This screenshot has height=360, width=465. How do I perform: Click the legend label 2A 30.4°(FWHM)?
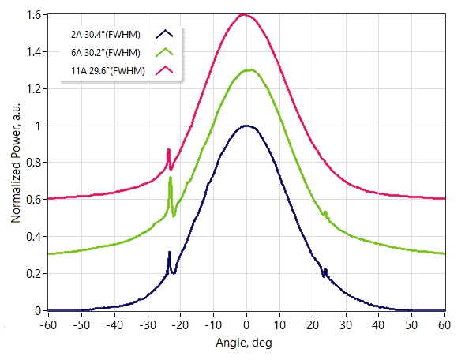[106, 35]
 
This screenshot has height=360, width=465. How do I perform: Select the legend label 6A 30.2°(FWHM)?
[106, 53]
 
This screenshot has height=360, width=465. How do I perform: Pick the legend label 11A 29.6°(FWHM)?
[108, 71]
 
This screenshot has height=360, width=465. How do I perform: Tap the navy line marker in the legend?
[164, 34]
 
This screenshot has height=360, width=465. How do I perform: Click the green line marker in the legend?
[164, 52]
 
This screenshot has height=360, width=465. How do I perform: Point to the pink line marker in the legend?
[164, 70]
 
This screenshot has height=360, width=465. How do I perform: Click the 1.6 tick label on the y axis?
[34, 15]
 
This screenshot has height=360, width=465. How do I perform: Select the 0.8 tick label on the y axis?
[34, 163]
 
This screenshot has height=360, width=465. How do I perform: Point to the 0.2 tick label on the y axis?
[34, 274]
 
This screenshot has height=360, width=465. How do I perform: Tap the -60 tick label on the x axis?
[48, 325]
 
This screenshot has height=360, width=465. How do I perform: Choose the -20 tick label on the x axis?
[180, 325]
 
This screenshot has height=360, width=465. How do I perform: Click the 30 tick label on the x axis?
[346, 325]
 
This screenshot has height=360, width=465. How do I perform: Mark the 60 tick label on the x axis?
[444, 325]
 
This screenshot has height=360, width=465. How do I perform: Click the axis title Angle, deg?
[244, 343]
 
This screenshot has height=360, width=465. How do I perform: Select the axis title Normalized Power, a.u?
[16, 163]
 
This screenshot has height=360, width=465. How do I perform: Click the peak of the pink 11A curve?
[244, 14]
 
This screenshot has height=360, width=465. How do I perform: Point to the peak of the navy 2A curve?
[247, 126]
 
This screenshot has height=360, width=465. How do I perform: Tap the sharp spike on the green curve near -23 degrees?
[171, 178]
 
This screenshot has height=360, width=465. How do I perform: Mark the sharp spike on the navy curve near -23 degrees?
[169, 252]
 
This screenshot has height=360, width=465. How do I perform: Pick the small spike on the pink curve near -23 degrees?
[168, 149]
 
